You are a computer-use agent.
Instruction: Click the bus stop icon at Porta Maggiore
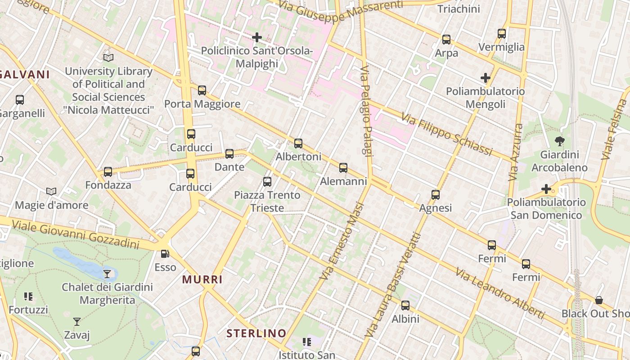(202, 90)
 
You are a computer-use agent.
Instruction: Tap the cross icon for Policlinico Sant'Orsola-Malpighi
(257, 37)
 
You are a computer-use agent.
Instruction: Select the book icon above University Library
(108, 58)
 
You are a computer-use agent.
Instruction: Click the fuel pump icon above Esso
(165, 254)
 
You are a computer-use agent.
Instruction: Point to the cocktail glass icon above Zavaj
(77, 322)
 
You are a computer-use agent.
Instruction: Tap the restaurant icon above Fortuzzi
(28, 297)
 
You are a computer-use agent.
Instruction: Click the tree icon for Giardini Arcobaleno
(560, 142)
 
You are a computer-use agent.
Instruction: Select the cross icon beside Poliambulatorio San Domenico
(546, 189)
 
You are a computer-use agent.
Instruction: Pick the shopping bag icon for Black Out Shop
(599, 300)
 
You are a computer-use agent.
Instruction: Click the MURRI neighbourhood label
(202, 279)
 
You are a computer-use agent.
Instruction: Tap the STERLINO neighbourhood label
(256, 333)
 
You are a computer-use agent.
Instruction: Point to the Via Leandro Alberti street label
(499, 293)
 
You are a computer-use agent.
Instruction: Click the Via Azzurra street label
(516, 153)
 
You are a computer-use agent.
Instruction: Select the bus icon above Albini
(405, 306)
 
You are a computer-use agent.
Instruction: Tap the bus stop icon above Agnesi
(435, 195)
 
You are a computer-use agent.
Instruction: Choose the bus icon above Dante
(229, 154)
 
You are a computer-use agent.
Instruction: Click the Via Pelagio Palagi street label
(367, 112)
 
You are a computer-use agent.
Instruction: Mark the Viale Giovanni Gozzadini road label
(76, 234)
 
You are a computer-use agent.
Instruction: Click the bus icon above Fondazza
(108, 172)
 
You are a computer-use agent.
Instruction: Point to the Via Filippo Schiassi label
(446, 134)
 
